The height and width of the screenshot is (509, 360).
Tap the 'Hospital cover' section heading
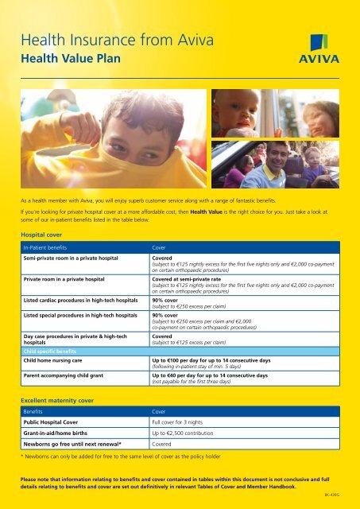(x=44, y=235)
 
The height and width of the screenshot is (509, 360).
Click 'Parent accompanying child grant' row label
(x=72, y=374)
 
